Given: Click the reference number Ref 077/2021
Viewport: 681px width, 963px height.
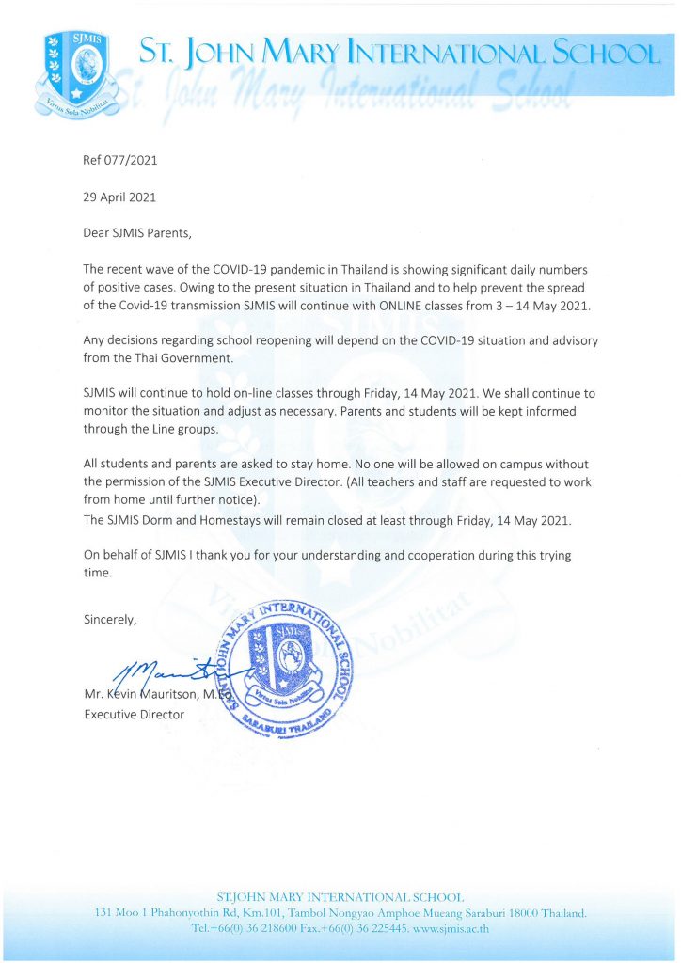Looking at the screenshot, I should click(120, 160).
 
